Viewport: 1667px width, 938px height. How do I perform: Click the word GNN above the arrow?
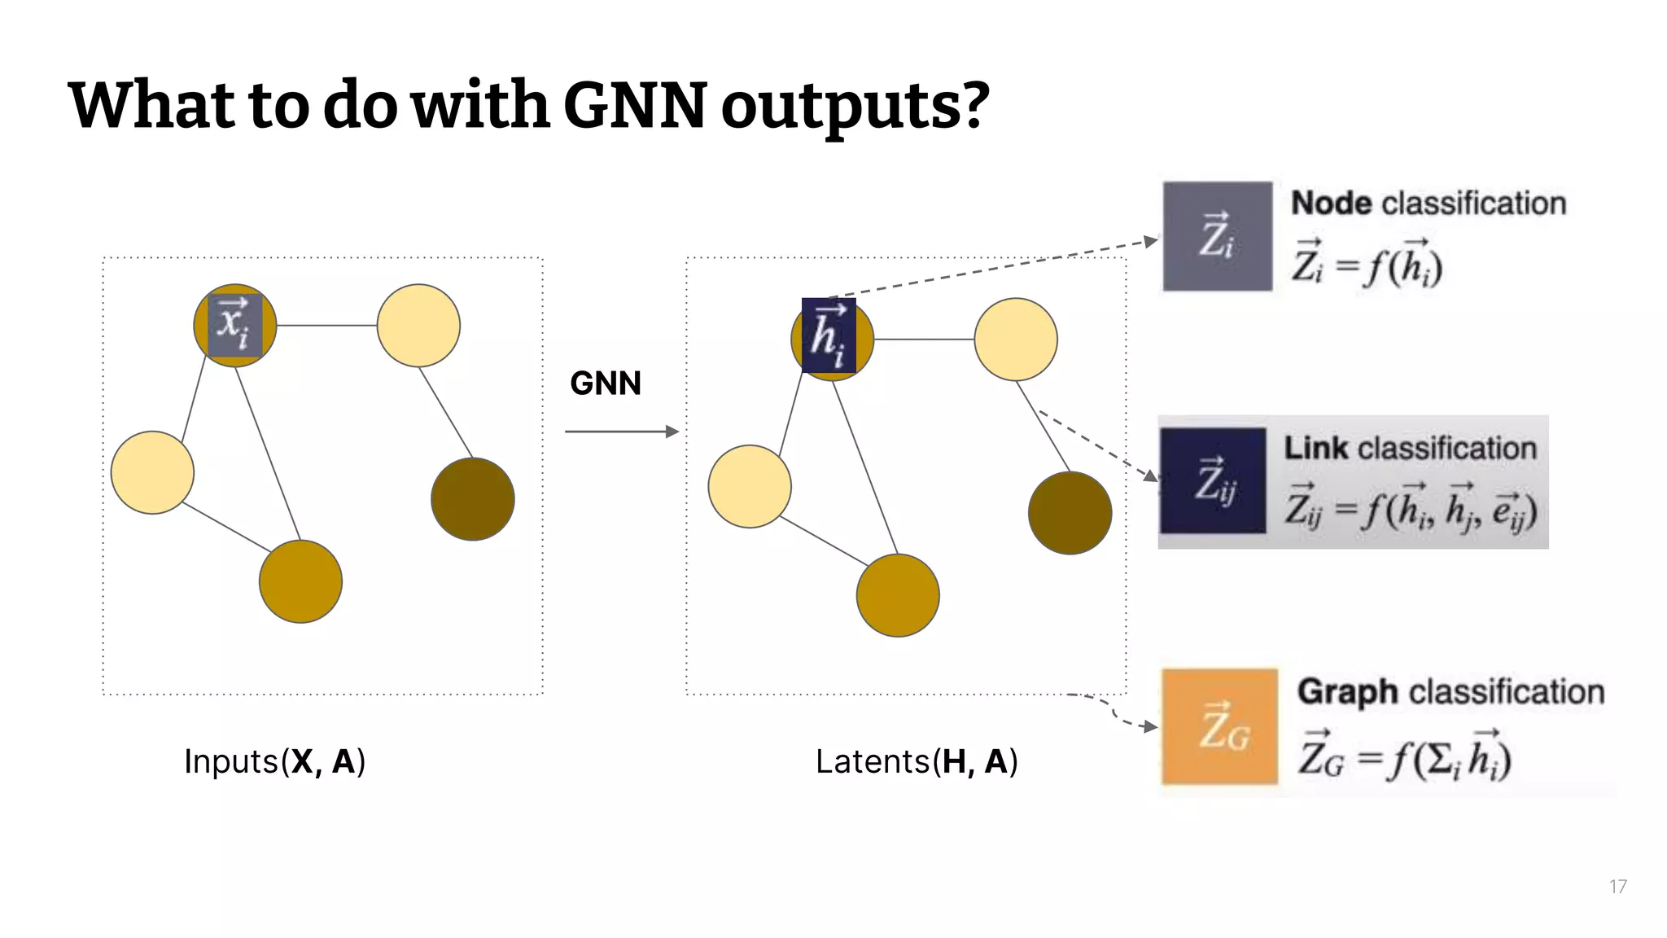[x=606, y=384]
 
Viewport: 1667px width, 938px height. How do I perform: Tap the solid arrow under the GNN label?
[x=621, y=432]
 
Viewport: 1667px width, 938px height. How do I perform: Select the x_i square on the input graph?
[x=235, y=326]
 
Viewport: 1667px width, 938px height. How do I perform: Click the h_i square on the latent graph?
[x=829, y=335]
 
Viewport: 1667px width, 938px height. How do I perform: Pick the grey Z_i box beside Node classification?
[x=1217, y=236]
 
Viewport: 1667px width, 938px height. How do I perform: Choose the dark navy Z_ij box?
[x=1213, y=480]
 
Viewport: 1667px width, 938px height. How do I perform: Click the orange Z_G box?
[x=1219, y=726]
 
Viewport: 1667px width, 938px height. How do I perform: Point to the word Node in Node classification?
[x=1332, y=204]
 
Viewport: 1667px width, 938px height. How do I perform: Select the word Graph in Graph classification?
[x=1347, y=692]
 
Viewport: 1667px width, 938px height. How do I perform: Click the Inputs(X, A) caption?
[x=274, y=762]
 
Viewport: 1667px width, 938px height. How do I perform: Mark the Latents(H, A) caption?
[x=917, y=762]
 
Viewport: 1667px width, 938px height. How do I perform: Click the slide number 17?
[x=1617, y=887]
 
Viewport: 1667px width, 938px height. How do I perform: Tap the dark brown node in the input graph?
[x=472, y=499]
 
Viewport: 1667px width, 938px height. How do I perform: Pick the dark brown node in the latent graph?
[x=1070, y=513]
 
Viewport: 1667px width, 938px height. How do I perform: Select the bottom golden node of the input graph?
[x=300, y=581]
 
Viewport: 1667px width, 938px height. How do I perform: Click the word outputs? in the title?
[x=855, y=106]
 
